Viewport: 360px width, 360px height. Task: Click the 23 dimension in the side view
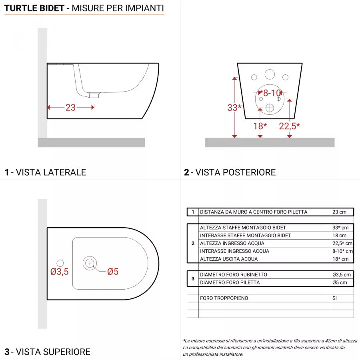tap(70, 107)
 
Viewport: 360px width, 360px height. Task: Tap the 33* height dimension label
tap(234, 107)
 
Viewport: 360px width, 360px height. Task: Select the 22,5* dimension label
tap(289, 126)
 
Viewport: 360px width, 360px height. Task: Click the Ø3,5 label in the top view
tap(60, 272)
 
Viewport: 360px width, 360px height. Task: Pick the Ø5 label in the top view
tap(113, 272)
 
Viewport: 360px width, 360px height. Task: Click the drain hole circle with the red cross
tap(90, 263)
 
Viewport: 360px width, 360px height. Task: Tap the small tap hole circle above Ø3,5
tap(60, 263)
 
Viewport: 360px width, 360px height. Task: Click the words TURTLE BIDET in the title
tap(34, 8)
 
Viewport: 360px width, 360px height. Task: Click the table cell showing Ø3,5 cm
tap(342, 275)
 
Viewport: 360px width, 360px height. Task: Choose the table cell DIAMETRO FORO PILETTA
tap(230, 282)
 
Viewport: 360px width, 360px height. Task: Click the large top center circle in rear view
tap(270, 74)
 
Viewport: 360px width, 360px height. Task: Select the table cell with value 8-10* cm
tap(342, 251)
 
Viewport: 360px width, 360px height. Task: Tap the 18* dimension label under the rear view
tap(260, 126)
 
